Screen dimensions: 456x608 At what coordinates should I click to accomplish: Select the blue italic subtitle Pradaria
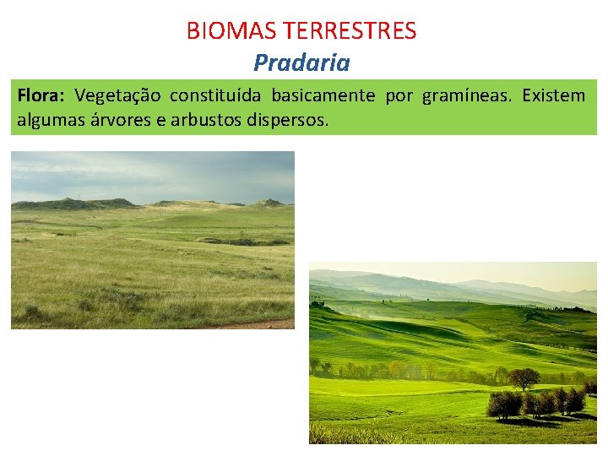[301, 62]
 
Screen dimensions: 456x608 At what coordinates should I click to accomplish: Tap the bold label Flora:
[42, 95]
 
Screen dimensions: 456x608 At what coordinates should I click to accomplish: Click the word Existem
[553, 95]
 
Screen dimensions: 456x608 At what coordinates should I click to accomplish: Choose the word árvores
[118, 120]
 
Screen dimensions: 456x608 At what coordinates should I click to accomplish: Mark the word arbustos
[206, 120]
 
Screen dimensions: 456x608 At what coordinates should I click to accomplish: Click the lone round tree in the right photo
[524, 377]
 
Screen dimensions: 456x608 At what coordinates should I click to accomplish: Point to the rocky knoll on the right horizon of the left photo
[270, 203]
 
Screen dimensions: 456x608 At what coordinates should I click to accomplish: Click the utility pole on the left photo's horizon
[79, 200]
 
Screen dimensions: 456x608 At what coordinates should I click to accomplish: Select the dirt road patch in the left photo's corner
[270, 323]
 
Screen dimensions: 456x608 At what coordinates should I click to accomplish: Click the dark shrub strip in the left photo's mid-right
[245, 241]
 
